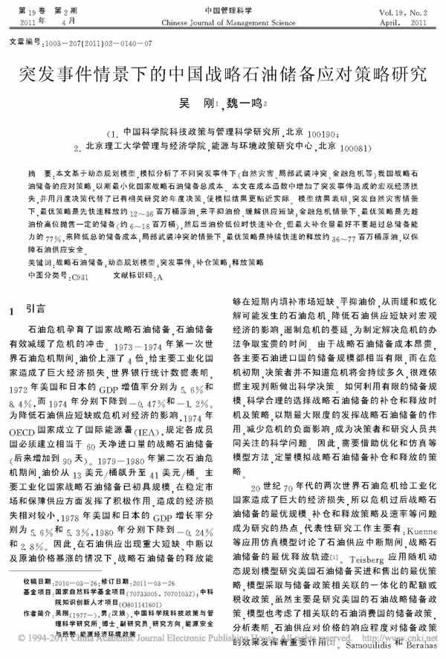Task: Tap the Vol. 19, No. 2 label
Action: tap(407, 13)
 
